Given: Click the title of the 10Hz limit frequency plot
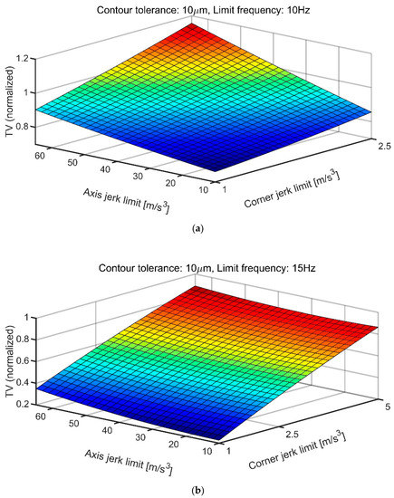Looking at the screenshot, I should pyautogui.click(x=197, y=9).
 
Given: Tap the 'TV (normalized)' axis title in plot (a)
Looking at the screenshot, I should pyautogui.click(x=10, y=91).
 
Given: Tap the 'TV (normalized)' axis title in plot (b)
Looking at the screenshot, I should pyautogui.click(x=10, y=355).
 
